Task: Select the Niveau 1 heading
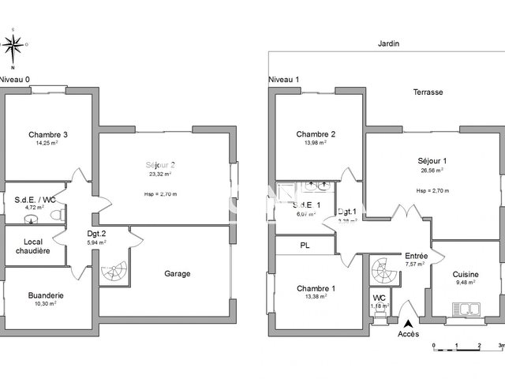pos(285,79)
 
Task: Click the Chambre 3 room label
pos(48,134)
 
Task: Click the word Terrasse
pos(428,92)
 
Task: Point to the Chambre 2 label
pos(316,134)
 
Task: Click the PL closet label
pos(305,246)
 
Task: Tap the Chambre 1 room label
pos(316,288)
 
